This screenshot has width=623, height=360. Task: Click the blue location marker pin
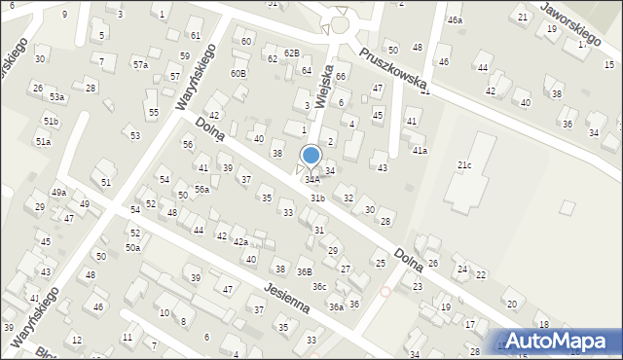point(311,156)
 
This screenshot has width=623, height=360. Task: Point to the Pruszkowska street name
point(391,69)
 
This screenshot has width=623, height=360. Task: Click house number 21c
point(464,165)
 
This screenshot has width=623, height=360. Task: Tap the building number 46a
point(455,19)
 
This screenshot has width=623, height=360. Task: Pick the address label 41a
point(420,151)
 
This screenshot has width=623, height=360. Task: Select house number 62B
point(292,53)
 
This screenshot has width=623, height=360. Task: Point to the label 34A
point(311,180)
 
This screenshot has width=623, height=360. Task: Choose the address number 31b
point(317,198)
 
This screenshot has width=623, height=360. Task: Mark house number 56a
point(202,189)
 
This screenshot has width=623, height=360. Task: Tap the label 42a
point(239,241)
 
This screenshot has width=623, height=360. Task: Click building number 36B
point(305,272)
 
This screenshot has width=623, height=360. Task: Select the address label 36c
point(319,287)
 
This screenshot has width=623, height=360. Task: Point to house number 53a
point(57,97)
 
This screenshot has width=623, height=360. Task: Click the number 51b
point(50,121)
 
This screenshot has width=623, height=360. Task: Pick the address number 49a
point(59,193)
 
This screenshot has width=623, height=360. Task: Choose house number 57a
point(141,64)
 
